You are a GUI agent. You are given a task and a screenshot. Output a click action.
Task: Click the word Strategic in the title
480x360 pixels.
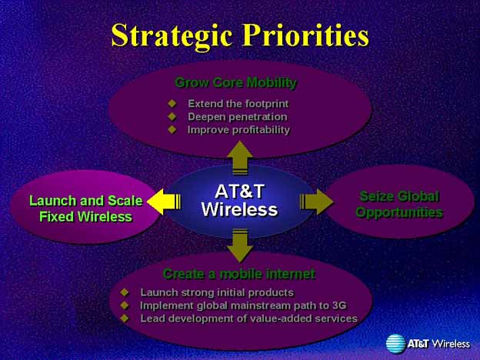tap(172, 35)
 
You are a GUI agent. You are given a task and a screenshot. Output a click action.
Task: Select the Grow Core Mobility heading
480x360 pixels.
tap(235, 82)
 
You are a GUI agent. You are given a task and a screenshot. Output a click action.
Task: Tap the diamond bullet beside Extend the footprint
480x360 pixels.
tap(172, 104)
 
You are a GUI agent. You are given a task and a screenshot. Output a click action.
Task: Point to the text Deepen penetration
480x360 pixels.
tap(238, 117)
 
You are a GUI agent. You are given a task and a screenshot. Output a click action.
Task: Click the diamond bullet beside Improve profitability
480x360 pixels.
tap(172, 129)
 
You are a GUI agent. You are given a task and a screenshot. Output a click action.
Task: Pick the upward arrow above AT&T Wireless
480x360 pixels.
tap(240, 158)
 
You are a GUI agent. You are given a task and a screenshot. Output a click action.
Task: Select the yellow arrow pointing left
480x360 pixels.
tap(164, 202)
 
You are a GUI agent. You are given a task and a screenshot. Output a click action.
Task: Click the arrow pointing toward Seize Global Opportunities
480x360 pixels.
tap(316, 202)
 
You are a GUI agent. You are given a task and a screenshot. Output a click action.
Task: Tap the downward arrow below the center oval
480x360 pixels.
tap(240, 245)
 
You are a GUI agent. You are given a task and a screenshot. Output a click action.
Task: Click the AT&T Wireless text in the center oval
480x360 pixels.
tap(239, 201)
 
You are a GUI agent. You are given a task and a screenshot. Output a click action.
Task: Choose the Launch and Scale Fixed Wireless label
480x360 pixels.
tap(86, 208)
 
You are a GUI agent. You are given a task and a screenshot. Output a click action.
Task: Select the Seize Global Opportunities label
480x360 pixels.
tap(399, 204)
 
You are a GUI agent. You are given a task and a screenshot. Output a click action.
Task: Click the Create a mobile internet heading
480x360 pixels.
tap(239, 274)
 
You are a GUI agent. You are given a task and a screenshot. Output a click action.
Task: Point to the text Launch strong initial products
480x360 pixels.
tap(217, 292)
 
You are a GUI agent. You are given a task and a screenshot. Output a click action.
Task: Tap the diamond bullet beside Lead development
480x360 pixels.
tap(125, 318)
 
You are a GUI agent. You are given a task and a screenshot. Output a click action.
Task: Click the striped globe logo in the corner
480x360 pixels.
tap(396, 344)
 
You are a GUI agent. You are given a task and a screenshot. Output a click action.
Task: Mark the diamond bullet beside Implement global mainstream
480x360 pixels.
tap(125, 305)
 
